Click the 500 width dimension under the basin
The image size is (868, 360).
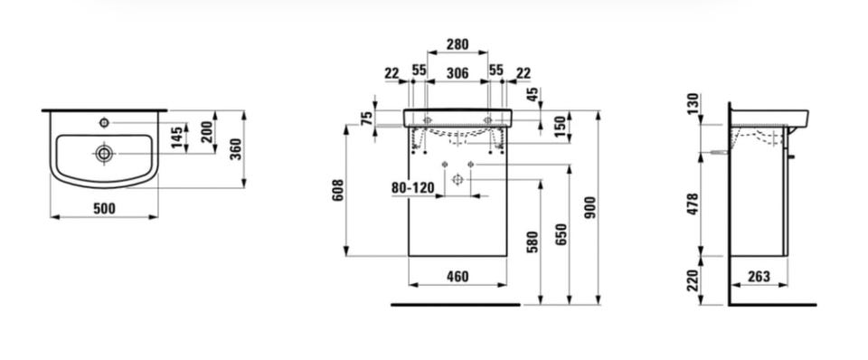(x=104, y=208)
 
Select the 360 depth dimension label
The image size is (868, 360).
(x=236, y=149)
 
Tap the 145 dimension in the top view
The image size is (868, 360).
(x=178, y=137)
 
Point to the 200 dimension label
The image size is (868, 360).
(x=207, y=132)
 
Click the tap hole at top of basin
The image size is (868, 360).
(x=103, y=122)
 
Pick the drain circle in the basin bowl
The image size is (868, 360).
(x=104, y=154)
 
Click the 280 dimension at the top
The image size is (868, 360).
(x=458, y=44)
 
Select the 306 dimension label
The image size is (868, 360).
(x=458, y=73)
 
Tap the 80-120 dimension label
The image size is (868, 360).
(x=413, y=188)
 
